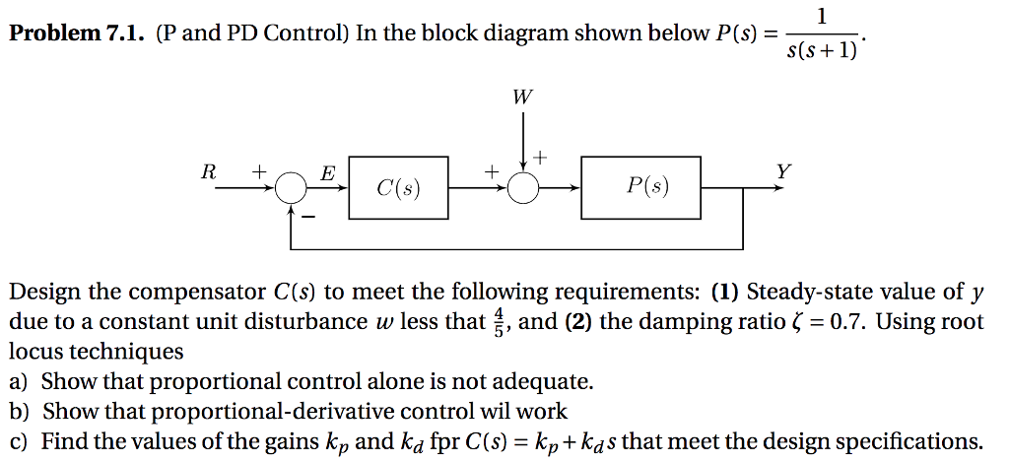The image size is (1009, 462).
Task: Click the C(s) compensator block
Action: (x=398, y=186)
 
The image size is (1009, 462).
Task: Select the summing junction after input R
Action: (x=290, y=186)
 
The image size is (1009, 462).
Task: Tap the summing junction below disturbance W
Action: (x=523, y=186)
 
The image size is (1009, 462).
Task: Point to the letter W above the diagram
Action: (x=522, y=98)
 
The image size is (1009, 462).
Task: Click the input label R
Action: (x=208, y=170)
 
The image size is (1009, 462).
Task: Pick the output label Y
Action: (x=782, y=170)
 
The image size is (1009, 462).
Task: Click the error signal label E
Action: (x=327, y=173)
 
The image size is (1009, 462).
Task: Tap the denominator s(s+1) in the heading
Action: (x=822, y=49)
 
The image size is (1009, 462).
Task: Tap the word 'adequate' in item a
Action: (x=548, y=381)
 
